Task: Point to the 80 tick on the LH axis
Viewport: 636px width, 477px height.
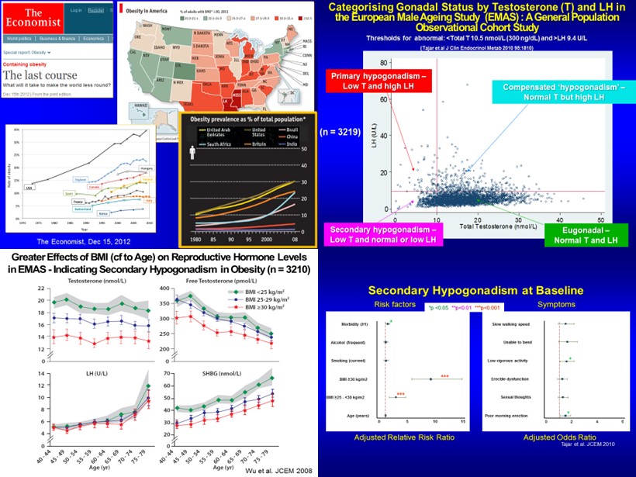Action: pos(382,61)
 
